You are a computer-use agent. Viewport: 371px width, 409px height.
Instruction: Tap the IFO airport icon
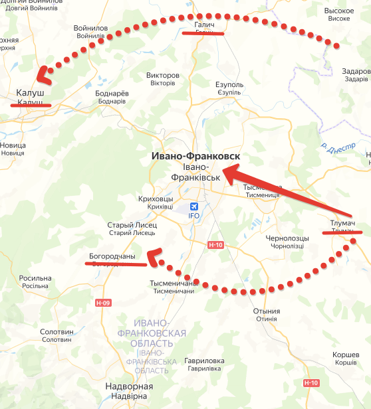pos(194,206)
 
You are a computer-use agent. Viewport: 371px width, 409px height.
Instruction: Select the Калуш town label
pos(29,94)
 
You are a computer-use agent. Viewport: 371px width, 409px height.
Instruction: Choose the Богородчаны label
pos(112,256)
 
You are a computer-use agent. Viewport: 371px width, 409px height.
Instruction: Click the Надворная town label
pos(130,386)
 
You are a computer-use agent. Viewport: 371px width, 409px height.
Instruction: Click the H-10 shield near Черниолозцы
pos(214,245)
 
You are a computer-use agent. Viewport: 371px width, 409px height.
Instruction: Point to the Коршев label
pos(346,355)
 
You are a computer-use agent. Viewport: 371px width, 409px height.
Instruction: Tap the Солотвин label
pos(57,331)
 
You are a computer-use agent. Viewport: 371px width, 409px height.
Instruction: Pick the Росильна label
pos(35,278)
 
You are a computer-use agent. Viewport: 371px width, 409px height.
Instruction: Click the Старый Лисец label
pos(132,225)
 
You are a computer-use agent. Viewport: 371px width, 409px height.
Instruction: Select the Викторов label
pos(162,76)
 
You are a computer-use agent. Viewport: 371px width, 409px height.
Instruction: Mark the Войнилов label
pos(91,28)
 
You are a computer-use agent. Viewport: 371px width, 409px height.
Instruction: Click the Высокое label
pos(342,12)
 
